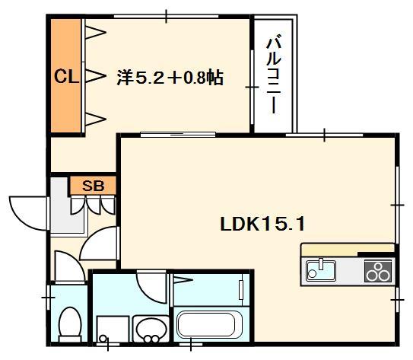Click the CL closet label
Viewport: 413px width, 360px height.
coord(64,76)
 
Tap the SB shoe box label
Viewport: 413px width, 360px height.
coord(93,185)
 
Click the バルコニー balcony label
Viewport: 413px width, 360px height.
coord(272,74)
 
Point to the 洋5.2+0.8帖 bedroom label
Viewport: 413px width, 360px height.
coord(170,78)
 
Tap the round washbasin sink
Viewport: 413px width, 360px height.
coord(150,329)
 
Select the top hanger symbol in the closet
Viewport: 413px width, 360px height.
coord(94,31)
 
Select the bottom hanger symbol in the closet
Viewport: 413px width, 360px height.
coord(94,117)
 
